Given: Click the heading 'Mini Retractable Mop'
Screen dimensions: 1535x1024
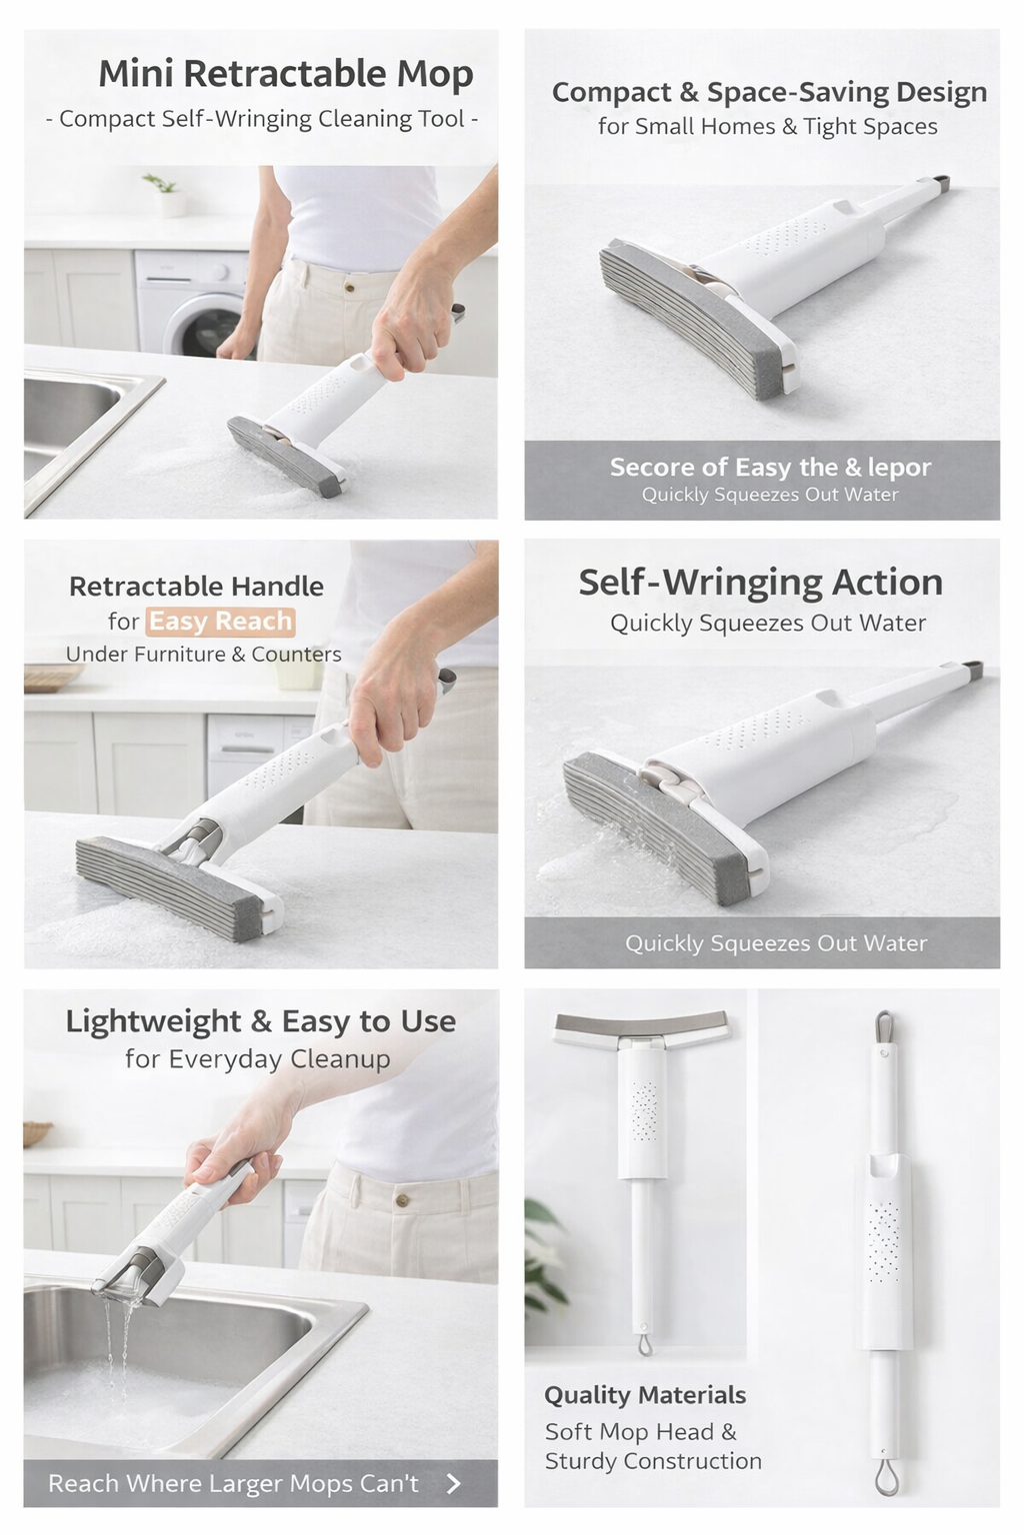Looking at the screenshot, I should [285, 74].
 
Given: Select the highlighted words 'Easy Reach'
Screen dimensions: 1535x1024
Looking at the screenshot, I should [220, 622].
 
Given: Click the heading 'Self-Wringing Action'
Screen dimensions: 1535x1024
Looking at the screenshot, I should [760, 583].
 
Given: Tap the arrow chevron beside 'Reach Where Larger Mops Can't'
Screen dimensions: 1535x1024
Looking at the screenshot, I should [454, 1483].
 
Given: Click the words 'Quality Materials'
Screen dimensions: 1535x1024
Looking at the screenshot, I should [645, 1395].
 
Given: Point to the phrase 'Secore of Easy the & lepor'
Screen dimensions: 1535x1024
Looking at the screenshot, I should [770, 468].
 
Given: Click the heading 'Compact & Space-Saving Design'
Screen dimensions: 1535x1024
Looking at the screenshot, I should [769, 93].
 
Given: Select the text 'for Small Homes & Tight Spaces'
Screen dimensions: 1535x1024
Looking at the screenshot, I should [768, 127].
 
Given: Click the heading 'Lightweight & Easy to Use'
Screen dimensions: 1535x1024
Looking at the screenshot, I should [260, 1021].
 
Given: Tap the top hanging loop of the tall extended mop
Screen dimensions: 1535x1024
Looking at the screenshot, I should [884, 1028].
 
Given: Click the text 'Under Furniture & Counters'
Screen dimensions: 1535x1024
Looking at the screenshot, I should [203, 655].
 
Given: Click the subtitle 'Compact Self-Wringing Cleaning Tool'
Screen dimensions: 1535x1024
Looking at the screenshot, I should [261, 119].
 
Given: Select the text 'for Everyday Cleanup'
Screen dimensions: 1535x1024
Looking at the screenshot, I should [257, 1059].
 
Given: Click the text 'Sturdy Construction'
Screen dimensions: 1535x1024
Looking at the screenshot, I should [653, 1461].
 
